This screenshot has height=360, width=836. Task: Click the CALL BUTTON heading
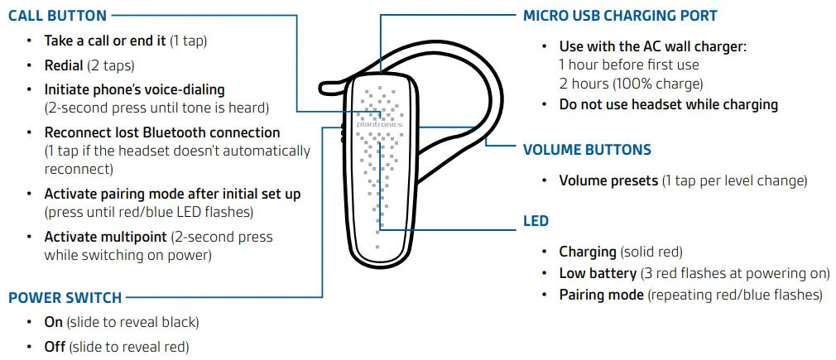(57, 16)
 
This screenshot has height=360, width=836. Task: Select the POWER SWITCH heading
(65, 298)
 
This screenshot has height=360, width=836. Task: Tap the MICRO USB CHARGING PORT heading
(620, 16)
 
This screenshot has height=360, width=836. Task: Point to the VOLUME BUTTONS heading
(587, 151)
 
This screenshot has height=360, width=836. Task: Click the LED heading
(536, 222)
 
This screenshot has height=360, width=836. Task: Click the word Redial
(64, 65)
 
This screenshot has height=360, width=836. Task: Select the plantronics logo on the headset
(380, 124)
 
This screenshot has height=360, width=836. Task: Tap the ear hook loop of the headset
(488, 91)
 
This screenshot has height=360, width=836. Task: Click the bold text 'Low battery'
(598, 273)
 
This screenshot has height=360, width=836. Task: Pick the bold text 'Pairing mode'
(601, 295)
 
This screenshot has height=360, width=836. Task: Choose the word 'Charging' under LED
(588, 252)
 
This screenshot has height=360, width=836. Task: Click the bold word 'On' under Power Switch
(54, 322)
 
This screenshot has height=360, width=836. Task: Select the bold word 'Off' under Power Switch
(55, 347)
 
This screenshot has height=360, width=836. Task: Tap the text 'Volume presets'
(608, 180)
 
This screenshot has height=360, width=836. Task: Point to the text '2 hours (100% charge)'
(631, 84)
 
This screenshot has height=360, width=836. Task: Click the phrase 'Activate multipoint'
(105, 237)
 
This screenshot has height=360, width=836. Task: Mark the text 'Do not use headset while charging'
(668, 104)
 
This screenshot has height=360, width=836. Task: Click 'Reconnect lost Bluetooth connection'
(162, 132)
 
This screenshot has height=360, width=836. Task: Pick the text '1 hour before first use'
(629, 65)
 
